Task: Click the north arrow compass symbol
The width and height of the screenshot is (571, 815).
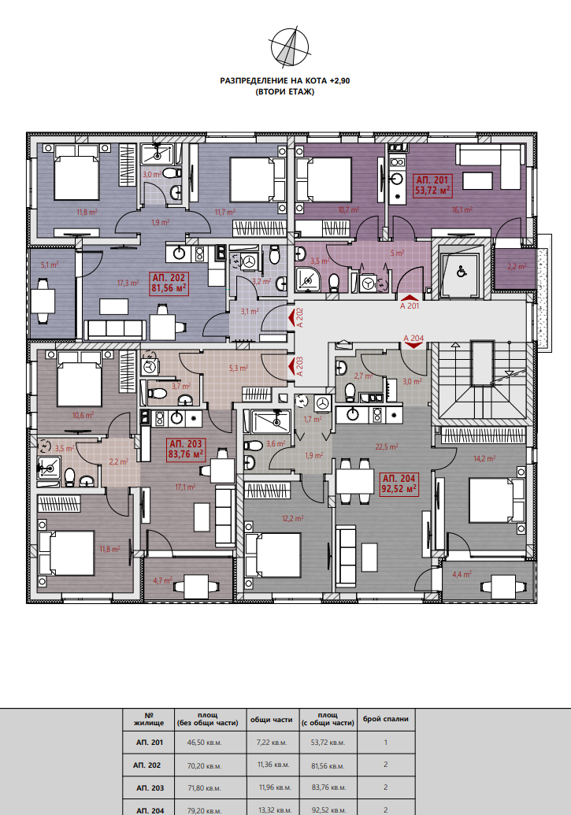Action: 290,47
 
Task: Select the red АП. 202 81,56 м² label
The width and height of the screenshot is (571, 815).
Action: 169,283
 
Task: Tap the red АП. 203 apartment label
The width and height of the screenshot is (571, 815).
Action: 186,449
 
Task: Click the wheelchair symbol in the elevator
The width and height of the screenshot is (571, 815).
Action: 460,272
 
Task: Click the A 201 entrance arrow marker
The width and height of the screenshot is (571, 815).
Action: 410,302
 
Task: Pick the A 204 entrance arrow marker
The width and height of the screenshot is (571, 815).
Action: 414,341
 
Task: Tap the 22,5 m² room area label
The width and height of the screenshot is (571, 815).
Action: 387,446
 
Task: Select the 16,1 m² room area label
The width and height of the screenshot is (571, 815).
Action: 462,210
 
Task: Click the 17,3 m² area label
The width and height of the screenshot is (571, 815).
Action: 128,283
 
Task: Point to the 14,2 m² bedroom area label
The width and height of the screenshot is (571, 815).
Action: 484,458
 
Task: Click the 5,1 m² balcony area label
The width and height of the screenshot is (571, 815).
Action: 50,265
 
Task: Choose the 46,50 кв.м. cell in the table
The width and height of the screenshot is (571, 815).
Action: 204,743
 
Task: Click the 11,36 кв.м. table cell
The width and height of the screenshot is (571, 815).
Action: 273,765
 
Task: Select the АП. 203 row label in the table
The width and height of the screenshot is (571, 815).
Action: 150,788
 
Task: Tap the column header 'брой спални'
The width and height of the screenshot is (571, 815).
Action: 386,720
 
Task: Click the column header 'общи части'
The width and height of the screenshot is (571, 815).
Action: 272,720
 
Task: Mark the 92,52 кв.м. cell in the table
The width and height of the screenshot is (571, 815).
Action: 328,810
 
